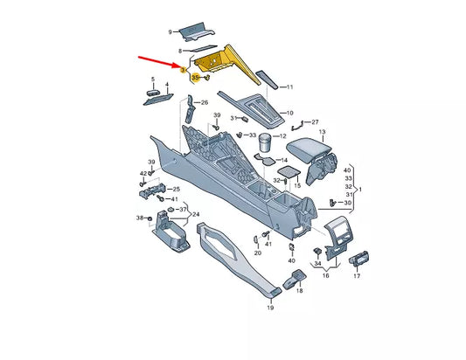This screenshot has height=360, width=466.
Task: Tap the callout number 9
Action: pyautogui.click(x=170, y=32)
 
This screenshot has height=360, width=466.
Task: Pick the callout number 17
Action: pyautogui.click(x=356, y=275)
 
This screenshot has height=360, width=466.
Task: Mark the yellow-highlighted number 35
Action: pyautogui.click(x=195, y=77)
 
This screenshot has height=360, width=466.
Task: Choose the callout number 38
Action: pyautogui.click(x=138, y=217)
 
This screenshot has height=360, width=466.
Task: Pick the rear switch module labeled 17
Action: pyautogui.click(x=360, y=260)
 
